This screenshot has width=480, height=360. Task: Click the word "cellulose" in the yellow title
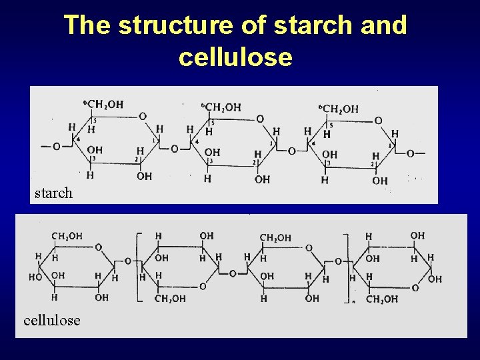click(235, 57)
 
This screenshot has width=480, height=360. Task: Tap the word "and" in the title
click(381, 25)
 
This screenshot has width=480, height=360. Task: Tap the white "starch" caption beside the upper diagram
click(53, 193)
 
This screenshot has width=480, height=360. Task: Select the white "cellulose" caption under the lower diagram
click(51, 320)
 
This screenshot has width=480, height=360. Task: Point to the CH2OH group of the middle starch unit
click(223, 107)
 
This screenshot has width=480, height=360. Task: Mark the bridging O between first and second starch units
click(175, 149)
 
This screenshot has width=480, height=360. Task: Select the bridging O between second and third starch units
click(291, 151)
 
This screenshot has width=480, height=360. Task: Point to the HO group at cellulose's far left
click(35, 275)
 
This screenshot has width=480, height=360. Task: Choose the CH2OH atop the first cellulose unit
click(67, 236)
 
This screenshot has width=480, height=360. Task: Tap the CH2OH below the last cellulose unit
click(381, 299)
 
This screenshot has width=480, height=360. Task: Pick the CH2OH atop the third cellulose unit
click(275, 237)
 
